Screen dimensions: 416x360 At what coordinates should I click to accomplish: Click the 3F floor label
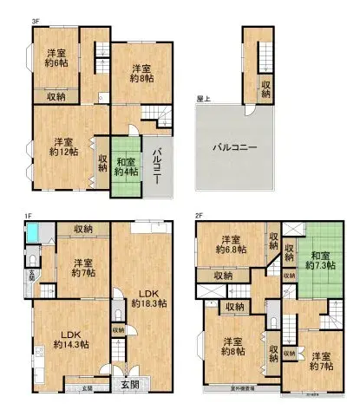point(12,20)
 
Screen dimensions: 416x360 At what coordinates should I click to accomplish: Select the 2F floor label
point(199,215)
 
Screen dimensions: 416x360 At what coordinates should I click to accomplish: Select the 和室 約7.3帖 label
point(321,260)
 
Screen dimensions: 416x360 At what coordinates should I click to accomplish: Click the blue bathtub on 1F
point(33,232)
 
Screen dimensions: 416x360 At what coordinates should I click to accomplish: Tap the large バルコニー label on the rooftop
point(235,147)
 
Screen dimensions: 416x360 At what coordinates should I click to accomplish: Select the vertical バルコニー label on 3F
point(158,164)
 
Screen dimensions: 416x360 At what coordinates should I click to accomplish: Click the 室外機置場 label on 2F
point(229,389)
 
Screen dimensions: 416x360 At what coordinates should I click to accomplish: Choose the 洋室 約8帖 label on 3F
point(142,73)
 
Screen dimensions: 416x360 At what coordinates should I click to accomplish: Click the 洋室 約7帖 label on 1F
point(82,269)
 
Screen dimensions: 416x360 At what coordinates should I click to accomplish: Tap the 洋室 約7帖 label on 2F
point(321,361)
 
